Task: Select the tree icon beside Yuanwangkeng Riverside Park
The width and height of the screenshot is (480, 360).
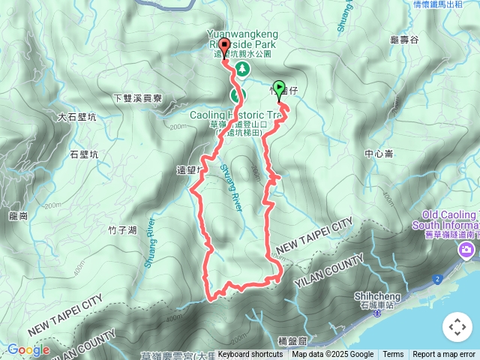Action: [243, 69]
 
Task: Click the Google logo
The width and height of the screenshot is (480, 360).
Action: [28, 349]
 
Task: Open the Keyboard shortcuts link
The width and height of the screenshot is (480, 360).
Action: [250, 355]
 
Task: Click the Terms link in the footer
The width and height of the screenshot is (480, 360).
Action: [393, 355]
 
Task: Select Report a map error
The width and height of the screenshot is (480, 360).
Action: [444, 355]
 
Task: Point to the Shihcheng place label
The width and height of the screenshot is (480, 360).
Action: [373, 295]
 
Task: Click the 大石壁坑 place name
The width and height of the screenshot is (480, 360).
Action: [76, 117]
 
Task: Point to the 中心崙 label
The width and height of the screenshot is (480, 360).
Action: [378, 154]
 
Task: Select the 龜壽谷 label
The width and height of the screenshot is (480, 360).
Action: [404, 40]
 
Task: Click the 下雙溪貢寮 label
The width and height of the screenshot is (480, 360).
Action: [137, 98]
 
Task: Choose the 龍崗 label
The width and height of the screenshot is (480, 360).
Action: [18, 216]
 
